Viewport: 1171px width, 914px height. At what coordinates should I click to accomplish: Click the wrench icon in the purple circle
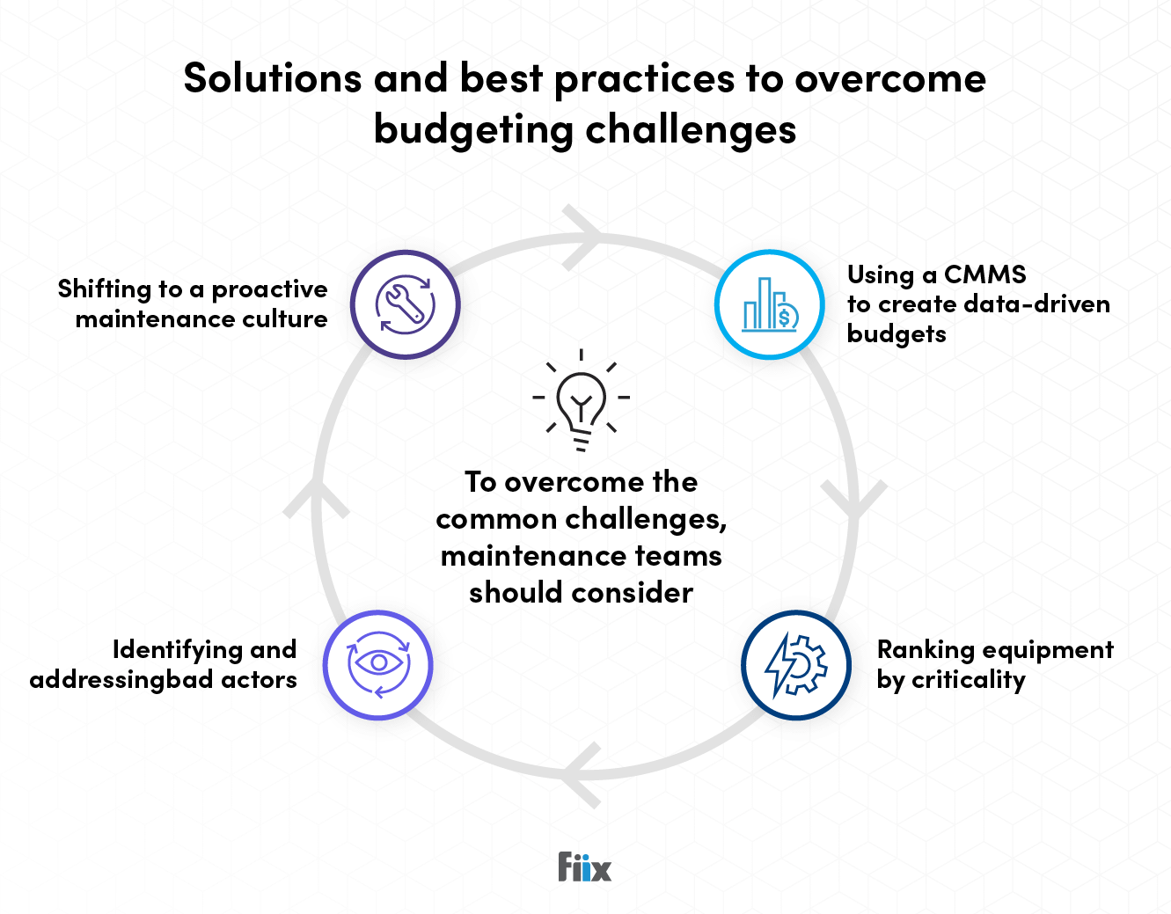[x=406, y=304]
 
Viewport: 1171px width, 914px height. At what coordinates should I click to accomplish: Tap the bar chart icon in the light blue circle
[x=770, y=304]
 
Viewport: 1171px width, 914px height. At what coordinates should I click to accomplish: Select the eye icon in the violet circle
[x=378, y=664]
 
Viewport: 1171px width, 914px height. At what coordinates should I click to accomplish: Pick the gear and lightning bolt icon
[x=796, y=665]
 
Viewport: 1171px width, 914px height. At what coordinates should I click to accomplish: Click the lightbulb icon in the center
[x=582, y=401]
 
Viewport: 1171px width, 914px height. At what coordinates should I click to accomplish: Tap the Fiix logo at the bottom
[x=584, y=867]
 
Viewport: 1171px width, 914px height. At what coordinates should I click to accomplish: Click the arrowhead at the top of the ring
[x=583, y=236]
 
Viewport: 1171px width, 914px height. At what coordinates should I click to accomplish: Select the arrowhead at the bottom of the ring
[x=582, y=775]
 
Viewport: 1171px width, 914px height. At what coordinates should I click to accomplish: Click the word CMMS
[x=984, y=274]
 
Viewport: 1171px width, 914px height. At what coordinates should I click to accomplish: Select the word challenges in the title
[x=691, y=130]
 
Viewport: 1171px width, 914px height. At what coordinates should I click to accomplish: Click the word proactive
[x=269, y=289]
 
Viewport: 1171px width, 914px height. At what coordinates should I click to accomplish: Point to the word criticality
[x=969, y=680]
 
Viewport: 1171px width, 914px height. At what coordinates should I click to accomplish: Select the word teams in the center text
[x=678, y=556]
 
